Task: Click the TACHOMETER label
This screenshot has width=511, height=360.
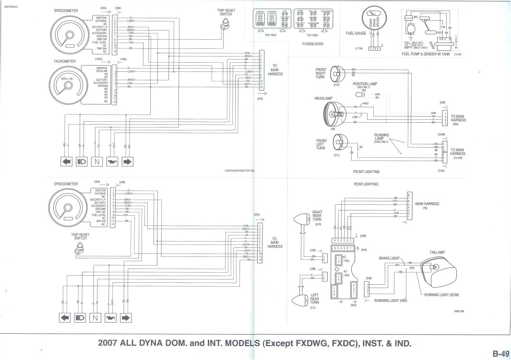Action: [x=64, y=62]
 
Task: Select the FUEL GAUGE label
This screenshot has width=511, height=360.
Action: [x=356, y=34]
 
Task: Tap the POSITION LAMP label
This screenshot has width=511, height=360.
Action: [x=365, y=84]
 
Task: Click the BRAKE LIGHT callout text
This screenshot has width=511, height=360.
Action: [x=389, y=258]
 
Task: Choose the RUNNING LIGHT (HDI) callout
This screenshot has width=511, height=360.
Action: [x=391, y=301]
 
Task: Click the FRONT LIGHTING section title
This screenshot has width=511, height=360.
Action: [x=366, y=172]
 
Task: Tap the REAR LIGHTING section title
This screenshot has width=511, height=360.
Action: [x=366, y=184]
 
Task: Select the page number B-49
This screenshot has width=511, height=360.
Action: [x=500, y=354]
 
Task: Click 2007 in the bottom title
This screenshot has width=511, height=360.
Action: [x=108, y=343]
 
